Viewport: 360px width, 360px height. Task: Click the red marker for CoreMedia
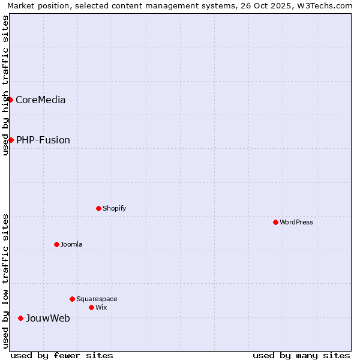11,100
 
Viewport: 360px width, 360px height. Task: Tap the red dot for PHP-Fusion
11,140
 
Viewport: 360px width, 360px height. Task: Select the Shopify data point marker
98,208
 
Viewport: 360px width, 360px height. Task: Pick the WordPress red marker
275,222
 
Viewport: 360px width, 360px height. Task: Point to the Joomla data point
56,244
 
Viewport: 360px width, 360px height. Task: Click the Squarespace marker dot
72,299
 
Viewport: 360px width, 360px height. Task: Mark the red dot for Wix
91,307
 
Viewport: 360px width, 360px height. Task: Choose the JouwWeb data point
20,318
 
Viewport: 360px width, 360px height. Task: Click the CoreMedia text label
40,100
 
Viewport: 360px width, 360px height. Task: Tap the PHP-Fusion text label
43,140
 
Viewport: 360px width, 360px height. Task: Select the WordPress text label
296,222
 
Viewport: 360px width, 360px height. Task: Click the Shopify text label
114,208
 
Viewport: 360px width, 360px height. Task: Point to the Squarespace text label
97,299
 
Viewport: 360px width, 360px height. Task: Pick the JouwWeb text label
47,318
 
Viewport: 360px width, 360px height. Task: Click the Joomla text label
71,244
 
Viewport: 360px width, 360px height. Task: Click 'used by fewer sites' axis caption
62,355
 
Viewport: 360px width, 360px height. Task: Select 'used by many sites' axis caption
301,355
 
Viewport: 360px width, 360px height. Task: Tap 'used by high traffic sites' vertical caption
5,85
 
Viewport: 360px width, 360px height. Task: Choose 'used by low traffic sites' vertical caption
5,281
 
